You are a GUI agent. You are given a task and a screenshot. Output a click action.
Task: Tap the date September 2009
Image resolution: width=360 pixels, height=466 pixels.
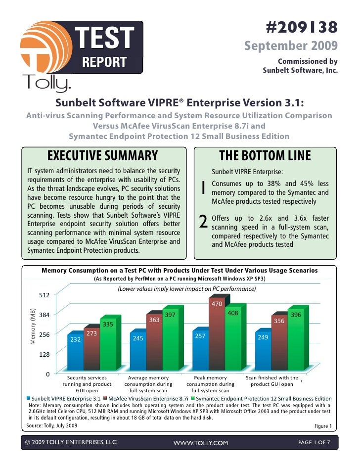pyautogui.click(x=291, y=46)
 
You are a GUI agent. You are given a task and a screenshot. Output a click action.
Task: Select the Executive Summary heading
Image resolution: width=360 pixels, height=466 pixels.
pyautogui.click(x=102, y=156)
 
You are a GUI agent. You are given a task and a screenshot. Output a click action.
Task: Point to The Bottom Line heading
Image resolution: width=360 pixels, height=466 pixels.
pyautogui.click(x=265, y=156)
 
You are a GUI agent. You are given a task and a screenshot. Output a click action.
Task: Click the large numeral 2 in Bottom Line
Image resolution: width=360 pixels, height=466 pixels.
pyautogui.click(x=202, y=224)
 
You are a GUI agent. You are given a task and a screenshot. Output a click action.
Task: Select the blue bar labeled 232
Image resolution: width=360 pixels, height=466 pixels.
pyautogui.click(x=75, y=354)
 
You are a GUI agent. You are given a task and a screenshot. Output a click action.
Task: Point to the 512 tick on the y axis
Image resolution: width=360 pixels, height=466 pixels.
pyautogui.click(x=45, y=295)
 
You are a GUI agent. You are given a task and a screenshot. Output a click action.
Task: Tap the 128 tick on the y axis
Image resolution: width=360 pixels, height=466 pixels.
pyautogui.click(x=45, y=354)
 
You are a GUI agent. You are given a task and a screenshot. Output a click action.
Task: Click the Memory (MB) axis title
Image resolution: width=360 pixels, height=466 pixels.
pyautogui.click(x=33, y=325)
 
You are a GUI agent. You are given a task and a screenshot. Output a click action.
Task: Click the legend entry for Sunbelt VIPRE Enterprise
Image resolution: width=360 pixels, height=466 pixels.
pyautogui.click(x=65, y=398)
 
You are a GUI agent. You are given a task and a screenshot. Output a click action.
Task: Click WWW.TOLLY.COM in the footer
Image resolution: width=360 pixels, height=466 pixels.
pyautogui.click(x=200, y=443)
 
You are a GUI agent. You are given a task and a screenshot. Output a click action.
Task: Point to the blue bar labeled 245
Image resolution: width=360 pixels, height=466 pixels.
pyautogui.click(x=137, y=352)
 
